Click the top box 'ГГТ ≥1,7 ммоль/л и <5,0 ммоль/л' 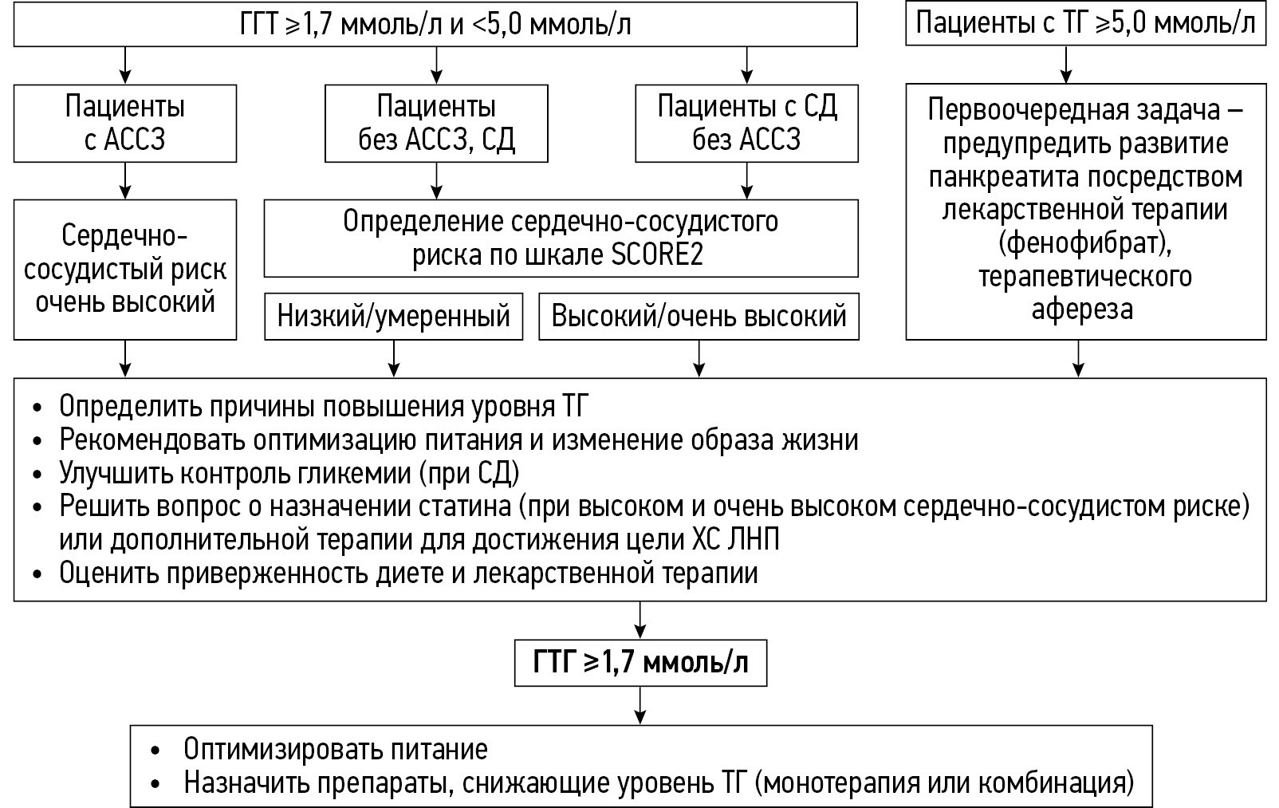[435, 25]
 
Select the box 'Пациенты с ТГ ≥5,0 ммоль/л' [1085, 23]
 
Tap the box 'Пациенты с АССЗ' [124, 123]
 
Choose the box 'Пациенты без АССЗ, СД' [436, 123]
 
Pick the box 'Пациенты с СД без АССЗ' [746, 123]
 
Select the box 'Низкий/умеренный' [393, 317]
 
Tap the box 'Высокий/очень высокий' [699, 317]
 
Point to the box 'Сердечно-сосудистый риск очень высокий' [124, 270]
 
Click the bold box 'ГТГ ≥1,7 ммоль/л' [640, 662]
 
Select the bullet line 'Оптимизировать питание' [335, 750]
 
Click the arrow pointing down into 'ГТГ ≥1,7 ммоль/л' [640, 620]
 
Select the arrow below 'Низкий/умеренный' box [393, 358]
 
